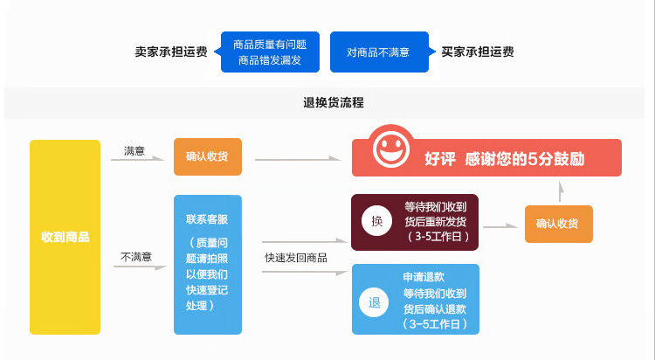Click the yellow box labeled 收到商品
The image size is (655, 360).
tap(65, 237)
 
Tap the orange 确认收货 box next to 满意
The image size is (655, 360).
tap(207, 157)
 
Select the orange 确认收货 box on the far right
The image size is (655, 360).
tap(558, 224)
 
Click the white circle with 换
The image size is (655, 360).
tap(377, 222)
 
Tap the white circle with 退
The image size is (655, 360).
tap(375, 303)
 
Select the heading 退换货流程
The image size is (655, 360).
tap(327, 103)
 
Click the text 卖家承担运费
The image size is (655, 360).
tap(171, 52)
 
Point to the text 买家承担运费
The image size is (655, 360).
tap(478, 52)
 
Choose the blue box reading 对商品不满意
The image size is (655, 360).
tap(379, 52)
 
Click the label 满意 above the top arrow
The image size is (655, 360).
tap(134, 151)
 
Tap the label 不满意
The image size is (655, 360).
tap(136, 257)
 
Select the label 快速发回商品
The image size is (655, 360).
tap(296, 258)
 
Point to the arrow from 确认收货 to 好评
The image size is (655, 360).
tap(297, 159)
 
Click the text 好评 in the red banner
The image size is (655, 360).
tap(441, 159)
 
